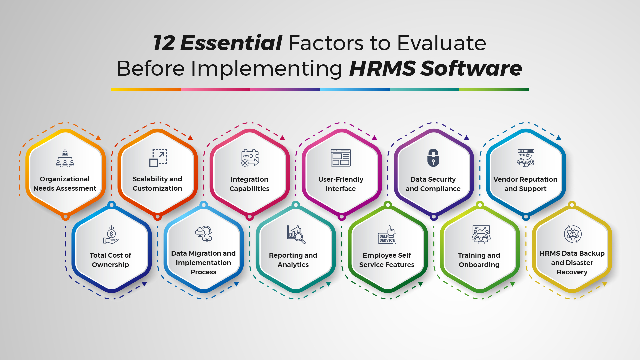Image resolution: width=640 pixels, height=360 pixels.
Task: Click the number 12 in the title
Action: (164, 43)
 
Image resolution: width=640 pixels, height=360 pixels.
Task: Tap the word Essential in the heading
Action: (231, 43)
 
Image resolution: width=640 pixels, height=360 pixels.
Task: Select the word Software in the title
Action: (471, 68)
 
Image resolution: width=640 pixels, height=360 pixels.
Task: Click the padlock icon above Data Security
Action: (433, 158)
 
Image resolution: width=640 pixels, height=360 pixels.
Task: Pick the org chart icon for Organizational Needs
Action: (65, 158)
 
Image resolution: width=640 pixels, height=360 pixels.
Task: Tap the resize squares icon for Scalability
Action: (158, 158)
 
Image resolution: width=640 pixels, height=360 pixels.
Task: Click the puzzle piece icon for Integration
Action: (250, 158)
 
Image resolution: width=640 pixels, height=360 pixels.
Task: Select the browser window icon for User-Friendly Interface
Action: (341, 158)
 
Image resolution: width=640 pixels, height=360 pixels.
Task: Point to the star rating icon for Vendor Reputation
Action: (526, 158)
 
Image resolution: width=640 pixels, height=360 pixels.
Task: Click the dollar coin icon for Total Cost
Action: (111, 235)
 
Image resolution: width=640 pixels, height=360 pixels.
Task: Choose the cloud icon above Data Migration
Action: (204, 234)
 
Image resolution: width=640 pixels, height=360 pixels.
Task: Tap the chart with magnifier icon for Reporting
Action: (296, 234)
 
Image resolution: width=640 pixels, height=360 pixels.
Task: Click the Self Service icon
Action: (387, 235)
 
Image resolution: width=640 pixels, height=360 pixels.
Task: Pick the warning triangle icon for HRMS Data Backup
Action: (573, 234)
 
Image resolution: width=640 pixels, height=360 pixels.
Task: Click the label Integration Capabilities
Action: (249, 184)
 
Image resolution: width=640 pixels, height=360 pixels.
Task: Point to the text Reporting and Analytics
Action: (293, 260)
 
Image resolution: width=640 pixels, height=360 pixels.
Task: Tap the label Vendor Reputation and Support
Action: (525, 184)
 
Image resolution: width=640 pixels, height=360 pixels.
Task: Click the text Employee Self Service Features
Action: (387, 260)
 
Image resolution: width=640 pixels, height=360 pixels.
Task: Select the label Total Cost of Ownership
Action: (110, 260)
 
